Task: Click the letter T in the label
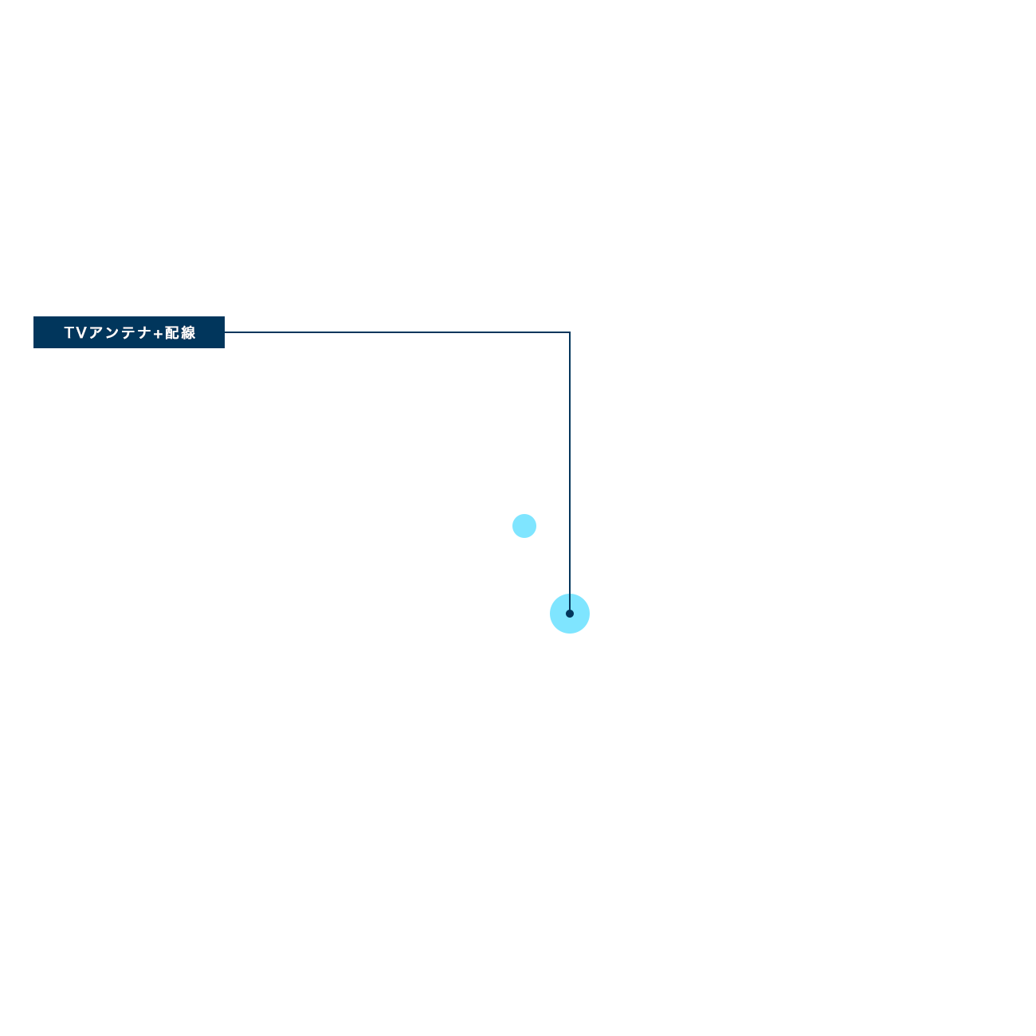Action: (x=69, y=333)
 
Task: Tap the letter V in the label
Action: (x=81, y=333)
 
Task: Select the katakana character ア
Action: (x=95, y=333)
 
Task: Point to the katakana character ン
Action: (x=110, y=333)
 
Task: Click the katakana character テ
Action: (x=127, y=333)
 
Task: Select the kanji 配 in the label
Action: (x=172, y=333)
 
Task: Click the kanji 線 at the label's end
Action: (x=188, y=333)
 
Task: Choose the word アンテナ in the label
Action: (x=119, y=333)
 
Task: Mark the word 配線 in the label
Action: (x=180, y=333)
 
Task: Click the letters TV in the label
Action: (x=75, y=333)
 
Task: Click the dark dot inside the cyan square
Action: (x=570, y=614)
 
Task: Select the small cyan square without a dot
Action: (x=524, y=526)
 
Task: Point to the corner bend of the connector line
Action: (x=569, y=332)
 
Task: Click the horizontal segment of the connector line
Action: (x=398, y=332)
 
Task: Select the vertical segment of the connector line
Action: (x=569, y=462)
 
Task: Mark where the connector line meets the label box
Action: (x=226, y=332)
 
